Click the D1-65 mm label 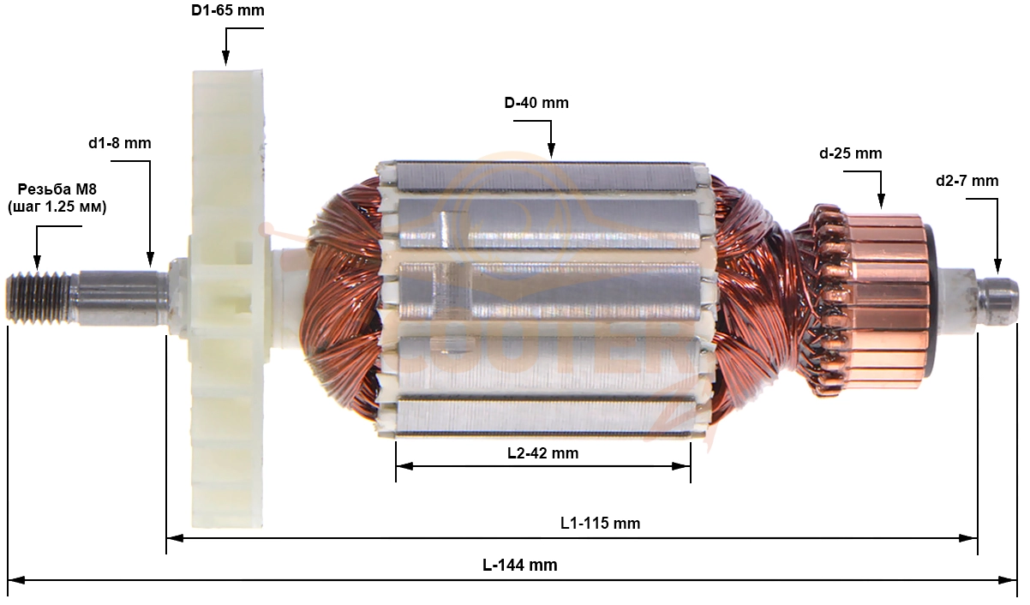pos(228,10)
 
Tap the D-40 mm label pos(536,103)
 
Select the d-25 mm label pos(850,153)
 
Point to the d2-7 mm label pos(967,181)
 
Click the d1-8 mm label pos(120,143)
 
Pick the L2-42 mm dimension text pos(542,452)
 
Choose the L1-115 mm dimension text pos(600,523)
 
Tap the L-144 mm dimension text pos(519,565)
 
